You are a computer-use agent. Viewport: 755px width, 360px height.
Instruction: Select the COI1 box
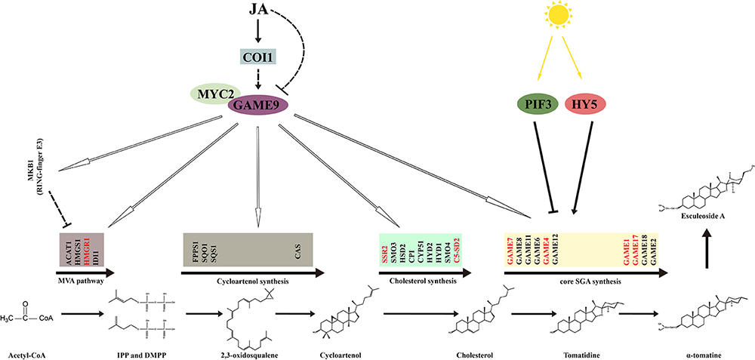click(259, 57)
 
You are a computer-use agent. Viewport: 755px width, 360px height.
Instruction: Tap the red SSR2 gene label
click(384, 249)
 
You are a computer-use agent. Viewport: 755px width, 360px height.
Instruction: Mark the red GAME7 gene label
click(510, 249)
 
